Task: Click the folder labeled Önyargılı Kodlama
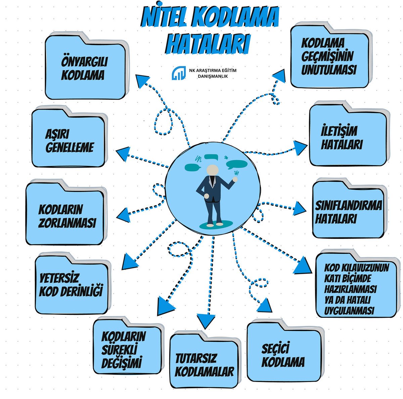point(85,69)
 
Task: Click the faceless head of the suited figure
point(212,170)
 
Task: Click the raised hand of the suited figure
point(235,179)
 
